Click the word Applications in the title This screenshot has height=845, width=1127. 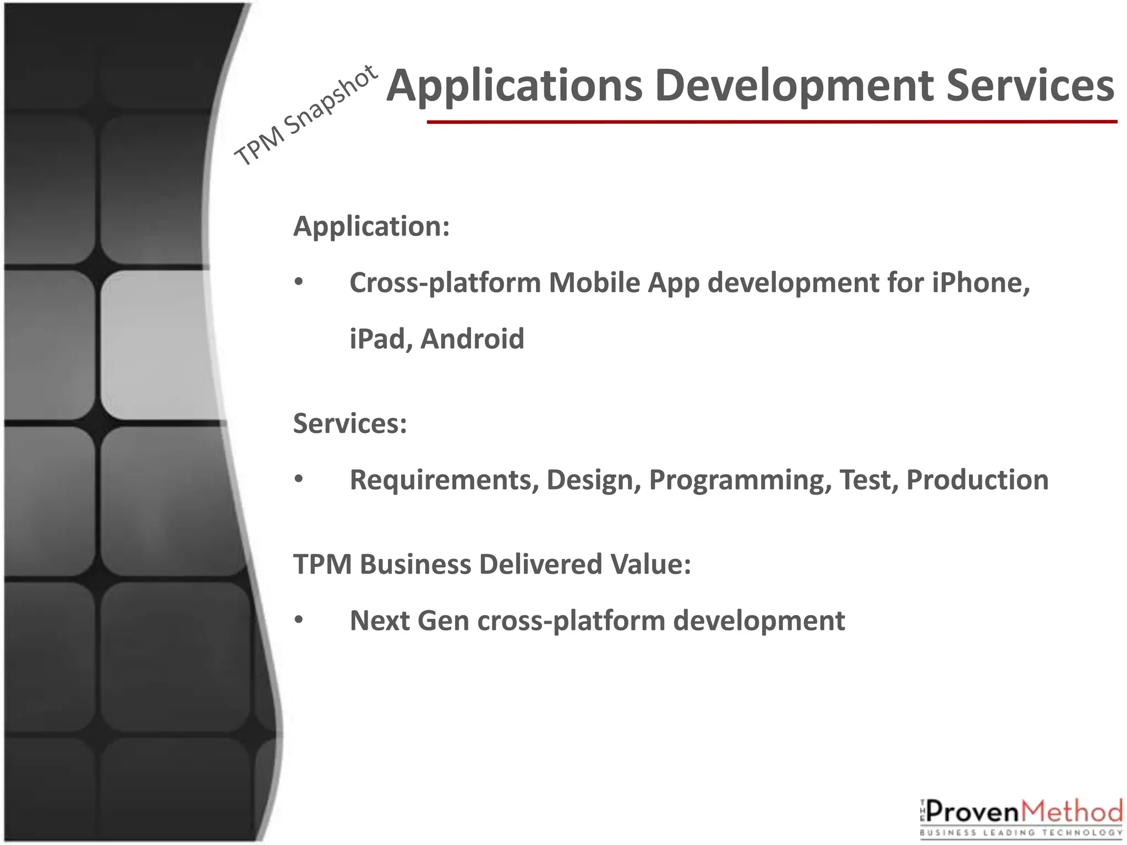pos(515,86)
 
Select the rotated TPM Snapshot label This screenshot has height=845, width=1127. pos(306,116)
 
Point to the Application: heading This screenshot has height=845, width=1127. pos(371,226)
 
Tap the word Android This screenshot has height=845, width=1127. pos(472,339)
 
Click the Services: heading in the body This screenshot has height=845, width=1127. pos(350,424)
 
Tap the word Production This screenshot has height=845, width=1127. pos(977,480)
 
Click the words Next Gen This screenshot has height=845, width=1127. pos(409,621)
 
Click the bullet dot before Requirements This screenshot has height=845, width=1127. pos(299,479)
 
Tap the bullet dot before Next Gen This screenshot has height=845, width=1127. pos(299,620)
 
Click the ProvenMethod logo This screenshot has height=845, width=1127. pos(1021,813)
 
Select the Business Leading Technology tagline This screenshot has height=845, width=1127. pos(1021,833)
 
